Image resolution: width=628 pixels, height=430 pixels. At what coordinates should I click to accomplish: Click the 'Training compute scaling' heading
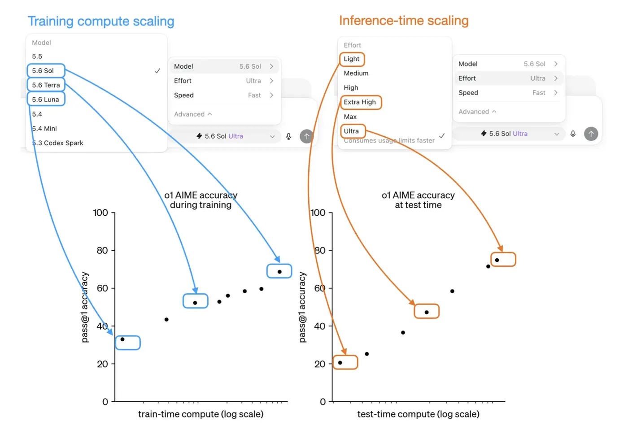click(x=101, y=22)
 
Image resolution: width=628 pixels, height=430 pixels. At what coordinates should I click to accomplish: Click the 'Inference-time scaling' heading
click(x=404, y=21)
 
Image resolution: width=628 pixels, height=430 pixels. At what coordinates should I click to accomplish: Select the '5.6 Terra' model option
click(x=46, y=85)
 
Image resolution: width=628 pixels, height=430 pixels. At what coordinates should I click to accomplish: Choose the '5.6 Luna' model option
click(x=45, y=100)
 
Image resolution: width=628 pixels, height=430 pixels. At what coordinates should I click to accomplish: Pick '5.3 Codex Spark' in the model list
click(x=58, y=143)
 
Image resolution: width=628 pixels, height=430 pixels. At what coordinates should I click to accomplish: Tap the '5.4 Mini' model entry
click(x=44, y=128)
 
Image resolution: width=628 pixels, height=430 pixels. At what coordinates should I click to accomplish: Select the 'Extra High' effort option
click(x=360, y=102)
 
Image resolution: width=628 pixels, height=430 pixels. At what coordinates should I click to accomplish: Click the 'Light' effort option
click(x=351, y=59)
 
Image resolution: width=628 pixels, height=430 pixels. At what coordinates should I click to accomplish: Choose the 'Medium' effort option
click(x=356, y=73)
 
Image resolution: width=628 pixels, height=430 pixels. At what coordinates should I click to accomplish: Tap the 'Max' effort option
click(x=350, y=117)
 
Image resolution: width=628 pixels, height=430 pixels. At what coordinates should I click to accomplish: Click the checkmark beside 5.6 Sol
click(x=157, y=71)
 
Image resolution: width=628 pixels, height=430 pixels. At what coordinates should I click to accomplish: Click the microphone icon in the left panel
click(x=288, y=136)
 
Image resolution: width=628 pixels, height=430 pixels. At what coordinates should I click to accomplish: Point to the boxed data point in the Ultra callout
click(x=497, y=260)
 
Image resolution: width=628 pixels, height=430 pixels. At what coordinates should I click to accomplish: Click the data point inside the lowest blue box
click(x=122, y=339)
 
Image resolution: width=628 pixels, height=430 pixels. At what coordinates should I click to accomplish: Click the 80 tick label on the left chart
click(x=102, y=250)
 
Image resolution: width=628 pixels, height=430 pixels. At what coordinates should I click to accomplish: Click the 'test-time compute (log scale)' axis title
click(x=418, y=414)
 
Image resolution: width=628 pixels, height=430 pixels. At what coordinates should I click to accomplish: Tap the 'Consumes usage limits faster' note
click(x=389, y=140)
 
